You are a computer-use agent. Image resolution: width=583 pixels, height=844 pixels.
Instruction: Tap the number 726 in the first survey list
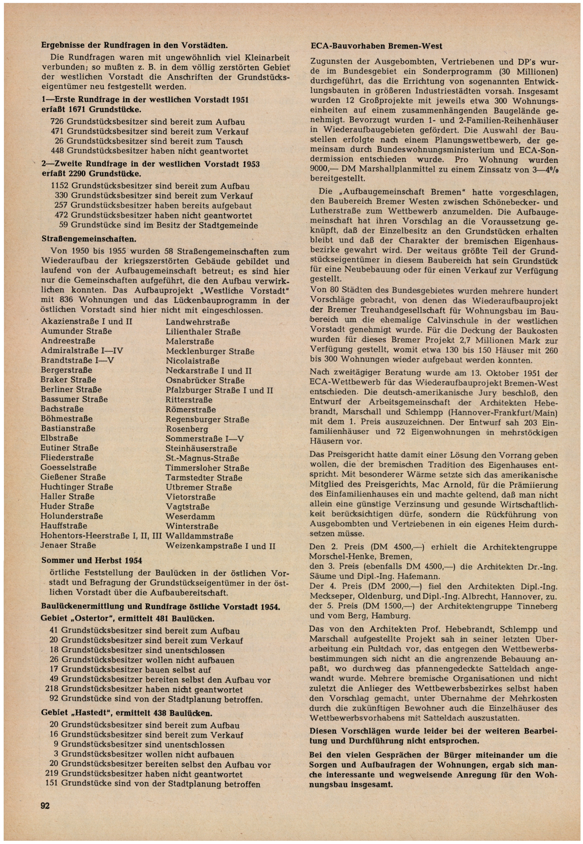(57, 122)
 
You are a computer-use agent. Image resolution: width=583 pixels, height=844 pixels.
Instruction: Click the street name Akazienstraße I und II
(87, 322)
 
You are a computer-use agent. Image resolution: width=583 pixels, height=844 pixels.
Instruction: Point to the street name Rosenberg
(187, 429)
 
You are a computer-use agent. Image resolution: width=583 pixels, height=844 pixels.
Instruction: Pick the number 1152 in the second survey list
(60, 186)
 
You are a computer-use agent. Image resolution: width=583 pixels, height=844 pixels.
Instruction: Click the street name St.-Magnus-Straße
(202, 458)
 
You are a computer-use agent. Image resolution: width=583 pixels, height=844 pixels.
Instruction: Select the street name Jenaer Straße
(68, 545)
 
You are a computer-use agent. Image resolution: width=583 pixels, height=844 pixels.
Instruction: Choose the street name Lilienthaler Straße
(203, 332)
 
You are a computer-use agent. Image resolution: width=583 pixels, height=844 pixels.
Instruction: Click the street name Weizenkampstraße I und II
(220, 546)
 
